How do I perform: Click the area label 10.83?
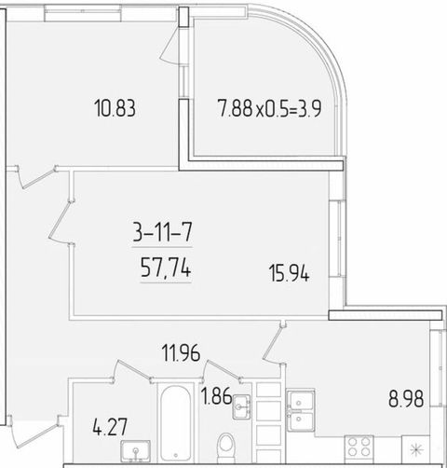coord(115,108)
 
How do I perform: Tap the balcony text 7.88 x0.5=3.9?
coord(269,108)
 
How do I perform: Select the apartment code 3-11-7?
coord(162,232)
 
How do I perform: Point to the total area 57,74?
coord(166,268)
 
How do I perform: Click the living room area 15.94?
coord(289,273)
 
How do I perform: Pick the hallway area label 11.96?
coord(181,352)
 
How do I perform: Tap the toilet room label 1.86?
coord(216,396)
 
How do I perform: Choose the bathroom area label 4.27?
coord(110,427)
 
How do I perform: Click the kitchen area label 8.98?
coord(406,399)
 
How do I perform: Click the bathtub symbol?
coord(175,423)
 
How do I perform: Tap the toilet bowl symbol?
coord(226,447)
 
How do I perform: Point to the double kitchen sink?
coord(301,410)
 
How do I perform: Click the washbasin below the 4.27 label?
coord(136,451)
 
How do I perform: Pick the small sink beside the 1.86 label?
coord(241,406)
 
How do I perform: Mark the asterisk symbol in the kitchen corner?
coord(416,449)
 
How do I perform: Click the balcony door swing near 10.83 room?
coord(170,46)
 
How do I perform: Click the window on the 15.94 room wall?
coord(338,239)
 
